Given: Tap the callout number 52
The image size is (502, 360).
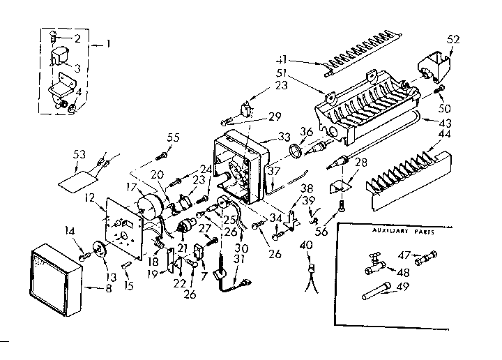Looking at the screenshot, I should tap(454, 40).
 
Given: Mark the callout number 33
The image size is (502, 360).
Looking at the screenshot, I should tap(264, 137).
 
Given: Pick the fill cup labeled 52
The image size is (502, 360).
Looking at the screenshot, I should tap(432, 70).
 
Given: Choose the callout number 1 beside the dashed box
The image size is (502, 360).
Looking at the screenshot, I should tap(109, 44).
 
